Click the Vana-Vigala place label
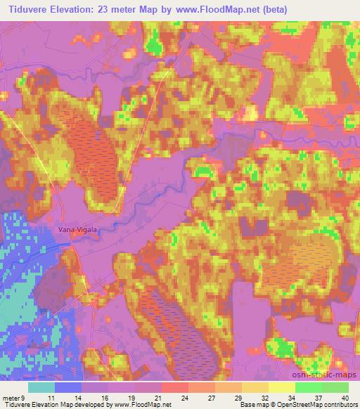click(77, 228)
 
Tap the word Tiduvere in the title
click(30, 8)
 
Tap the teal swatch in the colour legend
click(41, 387)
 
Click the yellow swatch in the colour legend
click(282, 387)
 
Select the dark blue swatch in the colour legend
click(68, 387)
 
